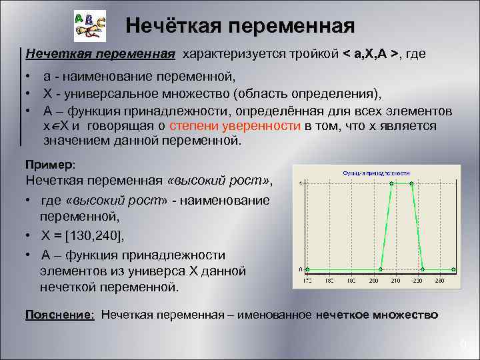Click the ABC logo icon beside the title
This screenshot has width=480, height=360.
89,27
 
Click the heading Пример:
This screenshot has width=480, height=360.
50,164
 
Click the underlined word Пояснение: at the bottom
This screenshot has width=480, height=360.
59,314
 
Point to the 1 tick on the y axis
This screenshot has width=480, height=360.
301,183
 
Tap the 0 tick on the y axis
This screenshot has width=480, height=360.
301,270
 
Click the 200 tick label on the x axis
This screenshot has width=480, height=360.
373,282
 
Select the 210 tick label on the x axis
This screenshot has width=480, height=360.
395,282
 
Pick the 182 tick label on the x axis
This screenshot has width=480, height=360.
329,282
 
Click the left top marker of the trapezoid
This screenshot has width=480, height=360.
391,183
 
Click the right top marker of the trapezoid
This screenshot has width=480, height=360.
412,183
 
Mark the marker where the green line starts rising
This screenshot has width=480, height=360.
381,270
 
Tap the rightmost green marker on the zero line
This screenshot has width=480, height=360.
453,270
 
